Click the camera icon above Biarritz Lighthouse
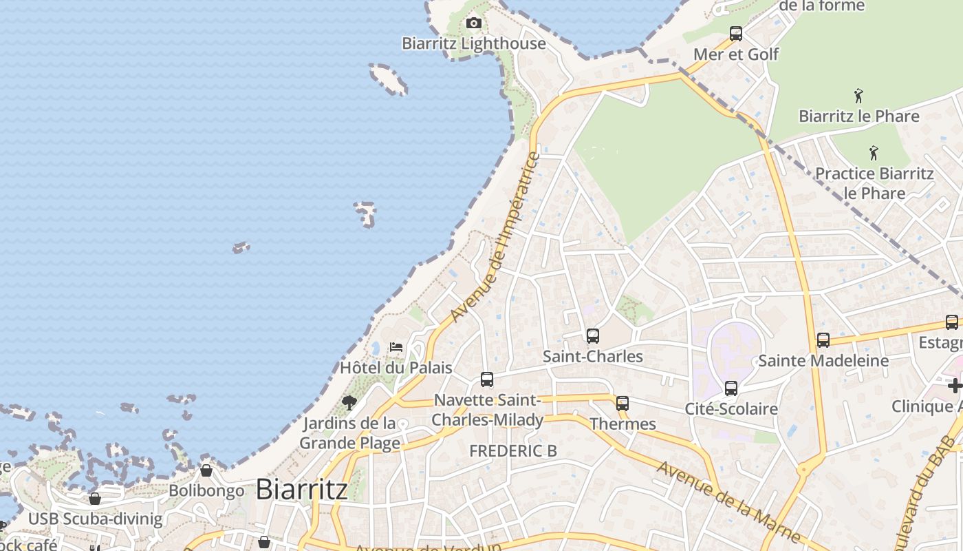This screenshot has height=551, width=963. pyautogui.click(x=473, y=23)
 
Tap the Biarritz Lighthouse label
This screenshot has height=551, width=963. pyautogui.click(x=473, y=43)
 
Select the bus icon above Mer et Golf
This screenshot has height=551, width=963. pyautogui.click(x=736, y=33)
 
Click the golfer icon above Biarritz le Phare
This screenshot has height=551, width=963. pyautogui.click(x=858, y=95)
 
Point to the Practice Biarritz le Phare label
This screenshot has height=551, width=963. pyautogui.click(x=874, y=183)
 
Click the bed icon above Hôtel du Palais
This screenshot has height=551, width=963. pyautogui.click(x=396, y=346)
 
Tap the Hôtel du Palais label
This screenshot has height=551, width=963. pyautogui.click(x=396, y=367)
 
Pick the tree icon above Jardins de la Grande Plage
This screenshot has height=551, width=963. pyautogui.click(x=349, y=402)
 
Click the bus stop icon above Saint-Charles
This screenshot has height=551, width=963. pyautogui.click(x=592, y=336)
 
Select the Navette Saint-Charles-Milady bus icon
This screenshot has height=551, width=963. pyautogui.click(x=487, y=380)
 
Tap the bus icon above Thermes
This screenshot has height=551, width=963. pyautogui.click(x=623, y=404)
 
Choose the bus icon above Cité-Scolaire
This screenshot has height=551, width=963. pyautogui.click(x=731, y=388)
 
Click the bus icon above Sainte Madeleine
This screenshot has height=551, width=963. pyautogui.click(x=823, y=340)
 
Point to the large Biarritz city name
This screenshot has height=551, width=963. pyautogui.click(x=301, y=490)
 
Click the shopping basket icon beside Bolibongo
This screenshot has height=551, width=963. pyautogui.click(x=206, y=470)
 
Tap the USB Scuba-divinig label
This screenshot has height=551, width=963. pyautogui.click(x=96, y=519)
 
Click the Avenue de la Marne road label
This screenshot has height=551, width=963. pyautogui.click(x=729, y=501)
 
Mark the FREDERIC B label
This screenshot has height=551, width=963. pyautogui.click(x=513, y=450)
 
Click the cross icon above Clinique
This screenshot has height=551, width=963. pyautogui.click(x=955, y=386)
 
